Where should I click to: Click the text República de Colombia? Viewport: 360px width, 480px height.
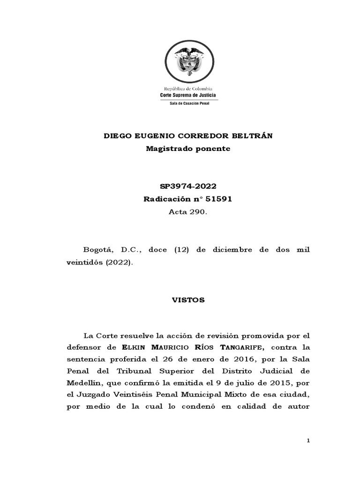(187, 89)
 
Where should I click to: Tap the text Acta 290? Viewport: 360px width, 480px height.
(187, 212)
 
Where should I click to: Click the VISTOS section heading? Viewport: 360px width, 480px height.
(187, 300)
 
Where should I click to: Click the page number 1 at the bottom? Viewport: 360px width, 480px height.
(308, 441)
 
